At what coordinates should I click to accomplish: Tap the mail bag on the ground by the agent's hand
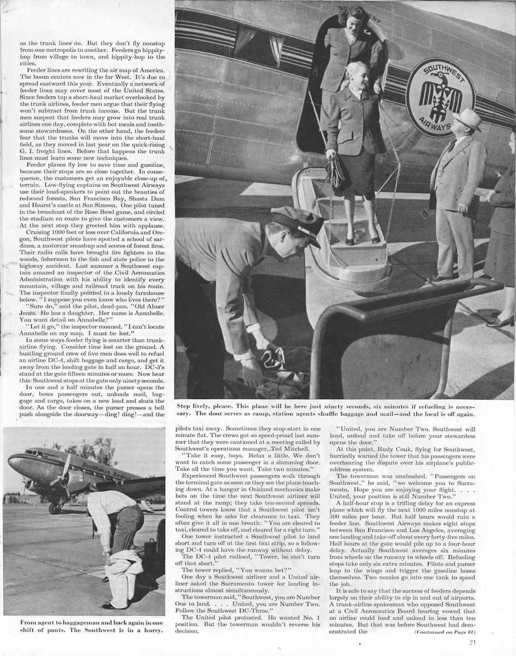[273, 361]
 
